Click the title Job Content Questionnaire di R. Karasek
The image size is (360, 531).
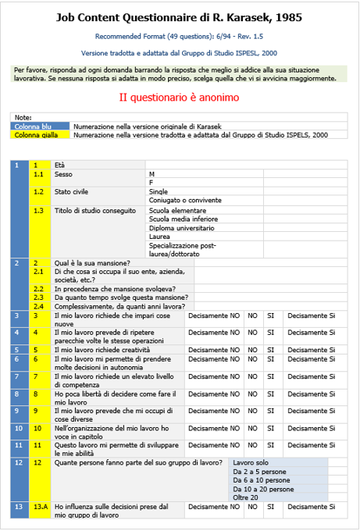point(179,17)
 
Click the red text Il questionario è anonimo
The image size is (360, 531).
point(179,98)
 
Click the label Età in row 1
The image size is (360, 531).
point(60,165)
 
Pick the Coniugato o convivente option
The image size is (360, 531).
point(184,200)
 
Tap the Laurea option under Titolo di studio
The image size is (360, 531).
point(159,237)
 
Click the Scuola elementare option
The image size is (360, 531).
point(177,211)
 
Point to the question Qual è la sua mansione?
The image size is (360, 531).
point(92,262)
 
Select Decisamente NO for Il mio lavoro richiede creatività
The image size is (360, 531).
point(213,350)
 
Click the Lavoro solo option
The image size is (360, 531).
point(251,462)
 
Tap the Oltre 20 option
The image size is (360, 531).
point(245,497)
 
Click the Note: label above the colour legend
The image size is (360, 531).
point(23,117)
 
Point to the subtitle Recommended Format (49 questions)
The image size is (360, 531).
point(179,37)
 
